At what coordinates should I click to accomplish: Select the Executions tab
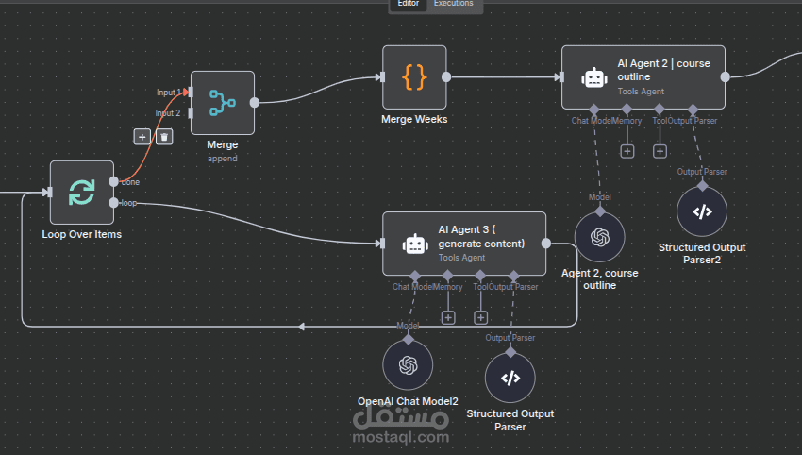(x=454, y=5)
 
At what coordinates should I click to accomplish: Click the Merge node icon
(x=223, y=102)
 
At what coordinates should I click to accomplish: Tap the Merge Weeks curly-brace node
(x=414, y=77)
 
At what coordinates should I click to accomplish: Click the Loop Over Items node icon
(x=81, y=193)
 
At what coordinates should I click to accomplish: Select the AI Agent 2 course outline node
(x=643, y=77)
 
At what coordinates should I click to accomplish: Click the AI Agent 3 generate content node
(x=464, y=244)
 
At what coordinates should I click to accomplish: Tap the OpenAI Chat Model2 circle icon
(x=408, y=365)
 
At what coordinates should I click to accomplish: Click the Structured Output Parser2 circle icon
(x=702, y=211)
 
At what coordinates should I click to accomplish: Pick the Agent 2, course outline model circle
(x=600, y=238)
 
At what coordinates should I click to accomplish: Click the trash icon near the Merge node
(x=164, y=137)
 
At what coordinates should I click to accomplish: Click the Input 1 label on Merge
(x=168, y=93)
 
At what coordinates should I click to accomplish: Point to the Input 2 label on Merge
(x=168, y=113)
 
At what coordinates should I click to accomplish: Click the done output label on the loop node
(x=131, y=182)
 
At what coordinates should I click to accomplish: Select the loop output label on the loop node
(x=129, y=203)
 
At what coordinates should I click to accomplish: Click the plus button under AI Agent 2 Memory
(x=627, y=151)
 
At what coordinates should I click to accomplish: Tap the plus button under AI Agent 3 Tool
(x=480, y=317)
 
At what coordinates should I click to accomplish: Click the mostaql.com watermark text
(x=401, y=436)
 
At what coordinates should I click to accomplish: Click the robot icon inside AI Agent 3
(x=414, y=244)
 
